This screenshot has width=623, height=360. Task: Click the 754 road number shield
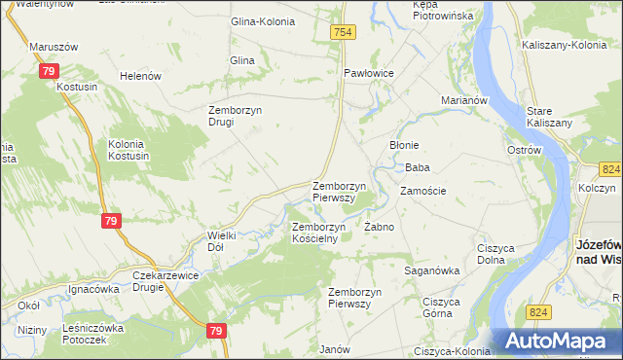pos(344,32)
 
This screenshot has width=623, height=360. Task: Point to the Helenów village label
pos(138,76)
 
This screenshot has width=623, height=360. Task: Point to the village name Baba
pos(418,167)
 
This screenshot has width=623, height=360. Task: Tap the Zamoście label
pos(423,191)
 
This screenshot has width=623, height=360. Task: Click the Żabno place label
pos(379,227)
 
